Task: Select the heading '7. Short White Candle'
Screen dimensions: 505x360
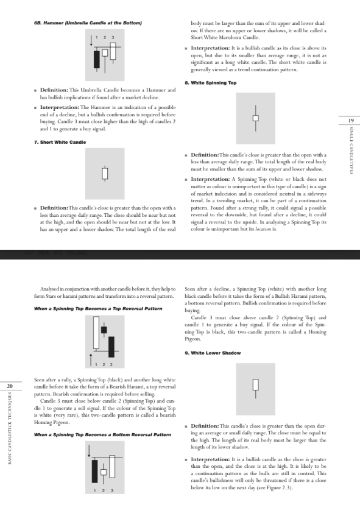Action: (60, 142)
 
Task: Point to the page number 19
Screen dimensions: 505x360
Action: (351, 121)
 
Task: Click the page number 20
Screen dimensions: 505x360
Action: (10, 386)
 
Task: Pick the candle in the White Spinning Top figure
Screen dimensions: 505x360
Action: (255, 117)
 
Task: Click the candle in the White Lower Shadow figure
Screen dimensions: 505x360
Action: (255, 386)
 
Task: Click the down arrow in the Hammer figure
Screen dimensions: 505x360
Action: (91, 41)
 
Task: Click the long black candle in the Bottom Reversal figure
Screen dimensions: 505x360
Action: (95, 470)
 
